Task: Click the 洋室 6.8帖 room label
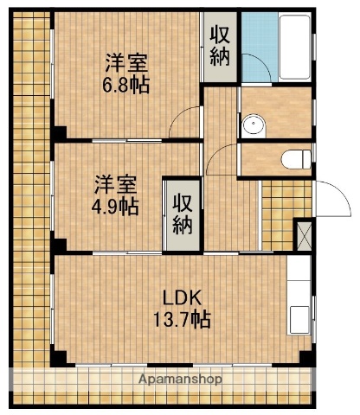pos(126,73)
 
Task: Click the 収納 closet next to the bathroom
pos(220,47)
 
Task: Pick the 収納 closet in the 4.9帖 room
pos(181,214)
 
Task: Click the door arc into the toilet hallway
pos(222,159)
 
